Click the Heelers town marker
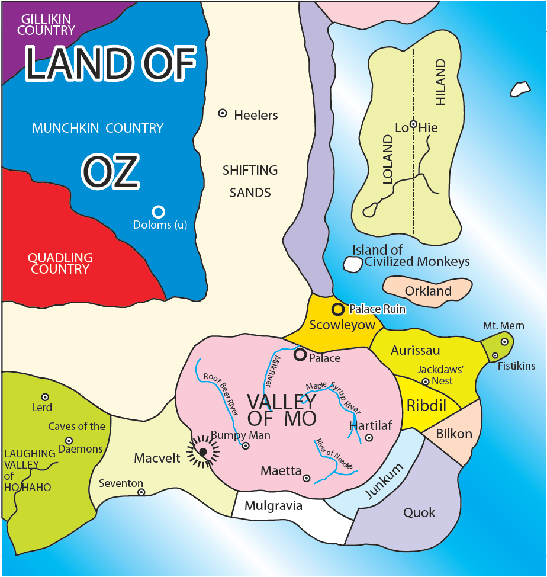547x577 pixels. pos(223,113)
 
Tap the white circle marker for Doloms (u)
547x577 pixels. pos(158,211)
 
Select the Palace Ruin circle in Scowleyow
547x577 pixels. pos(337,309)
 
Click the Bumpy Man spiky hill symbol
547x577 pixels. pos(203,451)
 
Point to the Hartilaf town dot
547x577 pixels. pos(369,438)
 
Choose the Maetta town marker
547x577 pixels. pos(306,478)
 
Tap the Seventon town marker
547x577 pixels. pos(141,492)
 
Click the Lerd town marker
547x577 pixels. pos(45,397)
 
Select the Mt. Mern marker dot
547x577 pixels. pos(504,342)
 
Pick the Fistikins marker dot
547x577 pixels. pos(495,355)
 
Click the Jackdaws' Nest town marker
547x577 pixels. pos(425,381)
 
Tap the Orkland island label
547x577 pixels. pos(428,291)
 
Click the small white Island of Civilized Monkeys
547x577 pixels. pos(352,264)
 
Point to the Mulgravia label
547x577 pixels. pos(273,506)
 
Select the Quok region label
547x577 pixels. pos(419,512)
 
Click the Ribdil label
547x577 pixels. pos(426,406)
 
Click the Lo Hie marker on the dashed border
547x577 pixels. pos(413,124)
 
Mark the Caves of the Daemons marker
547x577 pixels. pos(69,441)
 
